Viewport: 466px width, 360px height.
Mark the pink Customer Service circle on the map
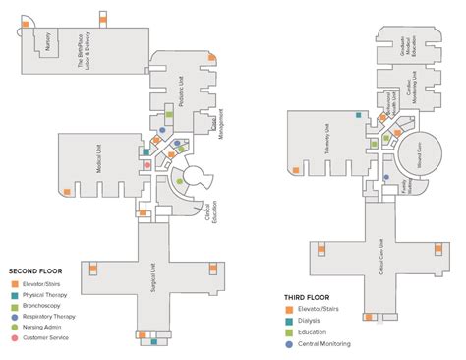coord(146,165)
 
